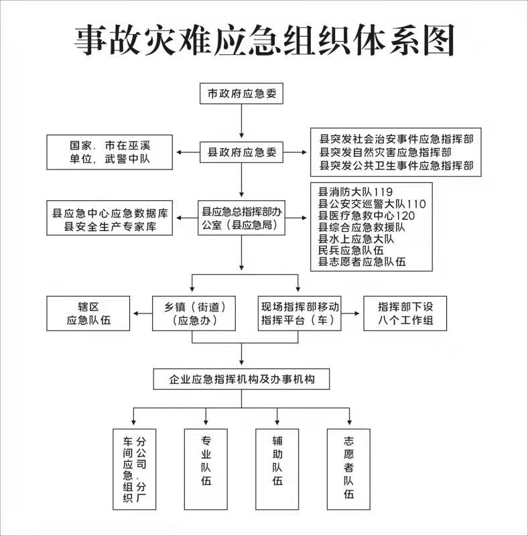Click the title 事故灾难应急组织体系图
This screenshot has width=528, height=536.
tap(264, 40)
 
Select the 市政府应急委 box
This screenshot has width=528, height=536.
tap(241, 93)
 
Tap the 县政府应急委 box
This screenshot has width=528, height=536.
tap(241, 152)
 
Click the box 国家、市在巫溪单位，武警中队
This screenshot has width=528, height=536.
tap(109, 152)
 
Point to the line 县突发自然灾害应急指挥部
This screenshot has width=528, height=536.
tap(385, 152)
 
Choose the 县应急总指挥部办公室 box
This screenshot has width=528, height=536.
tap(241, 218)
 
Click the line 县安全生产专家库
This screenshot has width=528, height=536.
tap(110, 226)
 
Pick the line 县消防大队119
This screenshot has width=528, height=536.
tap(355, 192)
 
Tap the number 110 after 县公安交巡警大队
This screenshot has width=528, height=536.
tap(416, 204)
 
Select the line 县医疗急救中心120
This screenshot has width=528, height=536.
tap(367, 216)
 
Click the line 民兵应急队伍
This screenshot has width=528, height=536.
tap(350, 250)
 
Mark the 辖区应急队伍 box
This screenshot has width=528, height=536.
tap(88, 314)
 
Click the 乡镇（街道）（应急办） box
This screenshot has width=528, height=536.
tap(194, 314)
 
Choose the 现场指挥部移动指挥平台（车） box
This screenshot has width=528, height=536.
tap(300, 314)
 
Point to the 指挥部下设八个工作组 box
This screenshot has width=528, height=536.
tap(405, 314)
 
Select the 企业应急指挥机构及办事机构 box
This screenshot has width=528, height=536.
tap(241, 379)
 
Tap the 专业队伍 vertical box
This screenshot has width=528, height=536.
tap(206, 470)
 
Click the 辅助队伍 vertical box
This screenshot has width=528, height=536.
tap(277, 470)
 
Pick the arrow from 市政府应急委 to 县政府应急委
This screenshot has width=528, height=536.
tap(241, 121)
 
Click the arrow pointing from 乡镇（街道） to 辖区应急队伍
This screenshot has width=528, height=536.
tap(143, 314)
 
